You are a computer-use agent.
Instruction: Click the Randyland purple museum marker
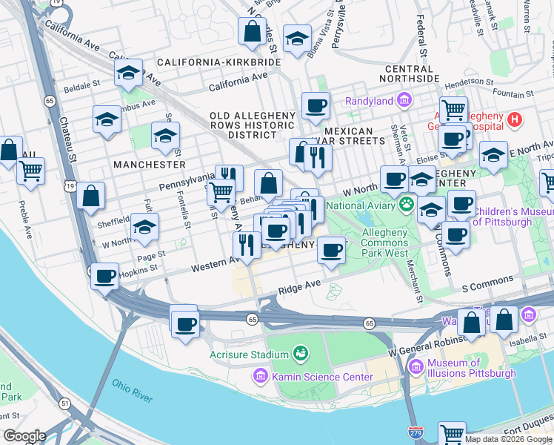tap(404, 100)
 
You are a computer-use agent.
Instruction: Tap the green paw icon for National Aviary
tap(406, 203)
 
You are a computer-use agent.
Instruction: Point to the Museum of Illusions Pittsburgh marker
tap(415, 367)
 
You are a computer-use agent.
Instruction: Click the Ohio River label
tap(133, 391)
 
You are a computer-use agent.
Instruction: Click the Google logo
tap(24, 436)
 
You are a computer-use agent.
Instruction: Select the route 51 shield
tap(66, 403)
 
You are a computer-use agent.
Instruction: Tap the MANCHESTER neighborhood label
tap(149, 164)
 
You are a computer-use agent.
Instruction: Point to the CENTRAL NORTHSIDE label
tap(418, 73)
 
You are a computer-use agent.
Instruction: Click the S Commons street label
tap(487, 281)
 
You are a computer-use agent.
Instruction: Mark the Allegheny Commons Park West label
tap(384, 243)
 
